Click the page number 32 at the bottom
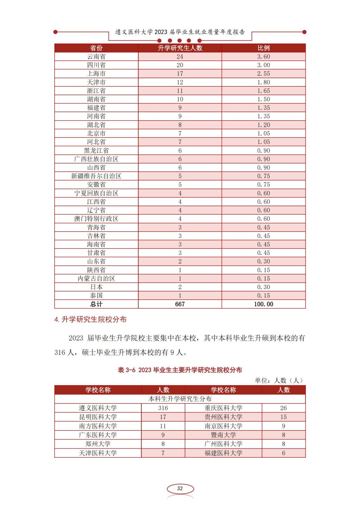point(180,488)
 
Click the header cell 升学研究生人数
point(180,48)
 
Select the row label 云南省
point(96,57)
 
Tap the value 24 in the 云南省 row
point(180,57)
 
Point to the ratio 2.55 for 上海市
point(264,73)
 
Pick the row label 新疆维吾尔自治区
point(96,176)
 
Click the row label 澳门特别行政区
point(96,219)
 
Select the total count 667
point(180,304)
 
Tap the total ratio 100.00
point(264,304)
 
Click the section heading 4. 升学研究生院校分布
point(90,320)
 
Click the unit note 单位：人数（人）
point(278,380)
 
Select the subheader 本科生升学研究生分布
point(180,399)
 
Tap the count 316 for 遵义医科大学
point(163,408)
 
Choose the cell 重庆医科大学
point(224,408)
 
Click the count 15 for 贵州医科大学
point(283,417)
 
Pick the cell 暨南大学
point(224,435)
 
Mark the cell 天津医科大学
point(98,453)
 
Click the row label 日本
point(96,287)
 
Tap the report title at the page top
point(180,32)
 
